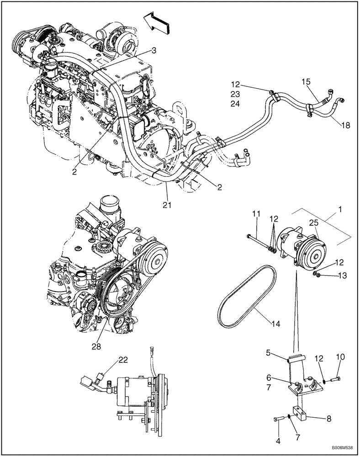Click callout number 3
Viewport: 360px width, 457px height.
click(x=154, y=51)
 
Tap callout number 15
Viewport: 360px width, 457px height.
click(x=305, y=82)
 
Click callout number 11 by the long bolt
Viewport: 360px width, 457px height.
click(x=256, y=214)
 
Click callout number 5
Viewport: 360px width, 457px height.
click(x=268, y=352)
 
